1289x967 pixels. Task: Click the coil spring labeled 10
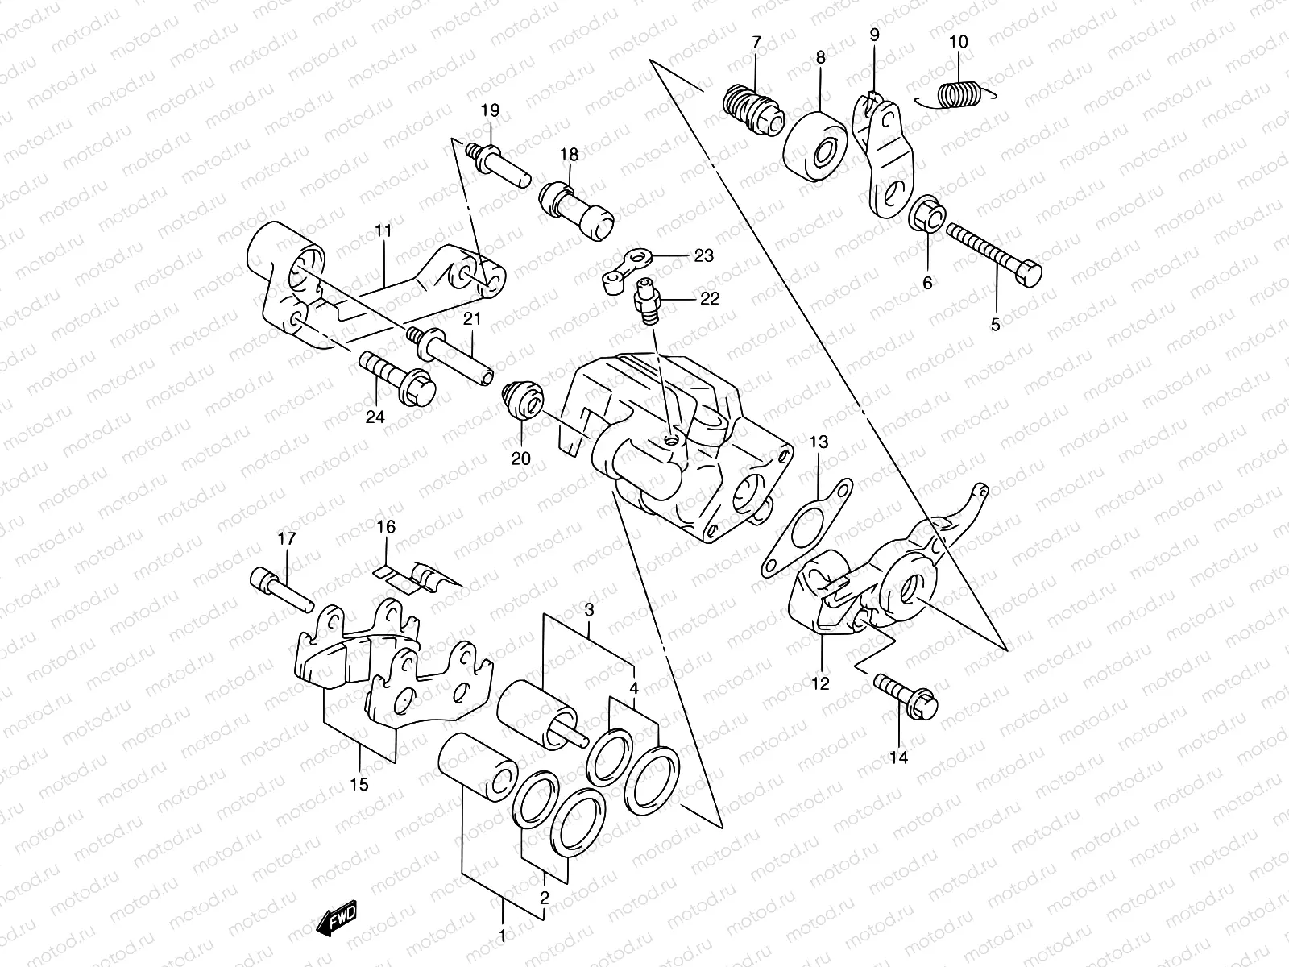point(959,95)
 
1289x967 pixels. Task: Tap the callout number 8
point(820,58)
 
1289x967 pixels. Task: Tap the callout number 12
point(820,684)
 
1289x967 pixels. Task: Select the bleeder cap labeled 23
point(627,268)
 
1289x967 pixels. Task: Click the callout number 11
point(382,232)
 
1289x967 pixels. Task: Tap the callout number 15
point(359,783)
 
